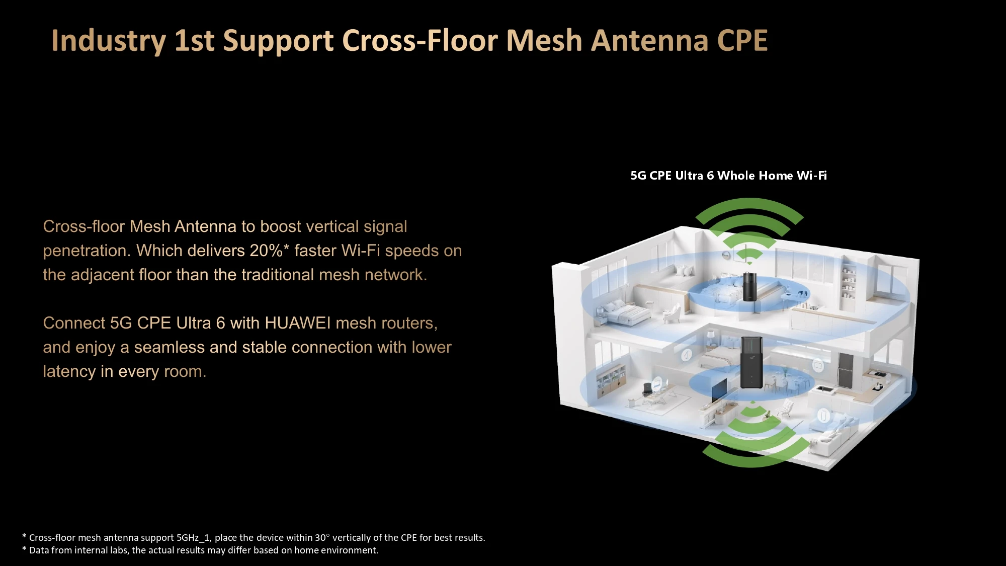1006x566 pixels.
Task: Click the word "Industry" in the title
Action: tap(109, 41)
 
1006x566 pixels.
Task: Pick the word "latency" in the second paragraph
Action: tap(69, 371)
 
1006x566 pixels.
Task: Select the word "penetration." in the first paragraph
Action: tap(87, 251)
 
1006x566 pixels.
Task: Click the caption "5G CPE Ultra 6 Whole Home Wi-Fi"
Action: tap(729, 176)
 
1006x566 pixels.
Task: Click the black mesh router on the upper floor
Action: tap(749, 286)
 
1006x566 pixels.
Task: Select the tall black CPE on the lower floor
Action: tap(751, 362)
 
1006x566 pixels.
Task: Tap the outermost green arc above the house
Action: tap(749, 206)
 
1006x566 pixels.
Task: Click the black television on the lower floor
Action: tap(719, 389)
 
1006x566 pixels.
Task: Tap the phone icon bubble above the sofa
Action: tap(823, 415)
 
